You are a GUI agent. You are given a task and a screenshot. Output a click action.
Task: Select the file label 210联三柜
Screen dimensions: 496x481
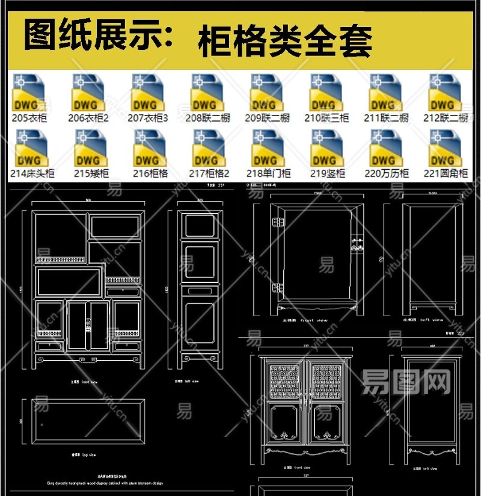(326, 118)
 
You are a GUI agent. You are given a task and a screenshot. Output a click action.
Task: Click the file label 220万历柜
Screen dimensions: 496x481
(387, 173)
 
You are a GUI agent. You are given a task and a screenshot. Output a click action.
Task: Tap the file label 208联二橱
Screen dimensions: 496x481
(207, 118)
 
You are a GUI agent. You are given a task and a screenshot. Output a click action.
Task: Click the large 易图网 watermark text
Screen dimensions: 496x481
(406, 380)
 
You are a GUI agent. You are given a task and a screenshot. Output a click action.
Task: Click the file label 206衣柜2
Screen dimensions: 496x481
(88, 118)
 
